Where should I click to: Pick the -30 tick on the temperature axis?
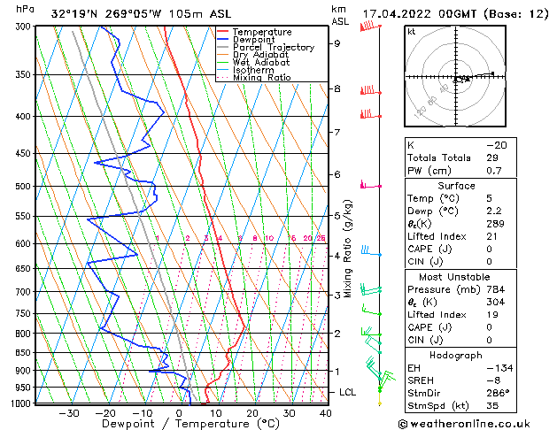pyautogui.click(x=69, y=412)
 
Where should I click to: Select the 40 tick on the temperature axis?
pyautogui.click(x=326, y=412)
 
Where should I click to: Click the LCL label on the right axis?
pyautogui.click(x=348, y=392)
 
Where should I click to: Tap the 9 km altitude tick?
pyautogui.click(x=337, y=43)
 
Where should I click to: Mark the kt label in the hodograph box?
pyautogui.click(x=412, y=32)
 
